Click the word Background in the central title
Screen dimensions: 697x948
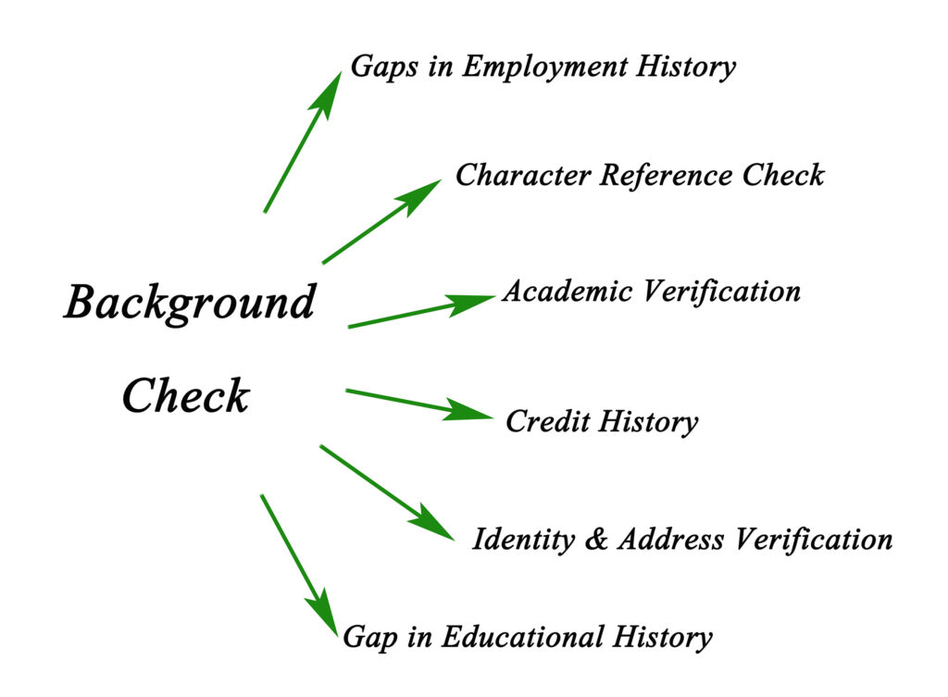click(190, 304)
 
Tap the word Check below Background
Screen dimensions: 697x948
click(185, 396)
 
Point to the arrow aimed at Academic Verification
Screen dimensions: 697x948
click(420, 312)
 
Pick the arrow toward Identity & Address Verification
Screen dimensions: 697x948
click(386, 492)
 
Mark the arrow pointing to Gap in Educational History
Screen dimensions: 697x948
click(298, 562)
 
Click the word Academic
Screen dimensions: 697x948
click(568, 292)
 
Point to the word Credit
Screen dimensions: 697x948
click(547, 422)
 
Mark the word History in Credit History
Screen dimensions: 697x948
click(647, 422)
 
